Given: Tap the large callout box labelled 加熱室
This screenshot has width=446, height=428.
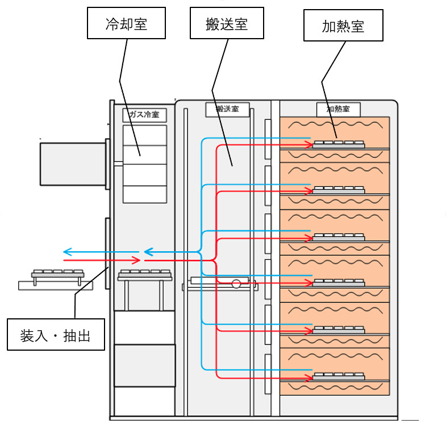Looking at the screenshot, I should click(x=343, y=25).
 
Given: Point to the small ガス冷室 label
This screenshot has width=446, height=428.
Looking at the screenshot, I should click(x=144, y=115).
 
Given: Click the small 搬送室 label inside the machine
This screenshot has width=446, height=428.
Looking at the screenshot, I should click(x=227, y=109).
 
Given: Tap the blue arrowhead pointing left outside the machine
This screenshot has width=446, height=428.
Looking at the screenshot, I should click(x=66, y=252).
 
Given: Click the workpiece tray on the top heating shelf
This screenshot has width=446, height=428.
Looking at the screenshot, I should click(x=339, y=144).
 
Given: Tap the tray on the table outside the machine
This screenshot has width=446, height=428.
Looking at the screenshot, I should click(x=58, y=273).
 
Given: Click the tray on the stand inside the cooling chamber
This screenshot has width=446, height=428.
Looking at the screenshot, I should click(x=145, y=275).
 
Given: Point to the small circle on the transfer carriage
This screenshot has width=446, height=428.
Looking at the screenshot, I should click(x=236, y=282).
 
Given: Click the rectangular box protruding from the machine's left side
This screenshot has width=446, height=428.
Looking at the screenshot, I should click(x=72, y=164).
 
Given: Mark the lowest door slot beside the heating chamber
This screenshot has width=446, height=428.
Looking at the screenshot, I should click(x=268, y=372).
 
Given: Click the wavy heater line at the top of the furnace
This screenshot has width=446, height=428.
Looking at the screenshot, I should click(x=335, y=124).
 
